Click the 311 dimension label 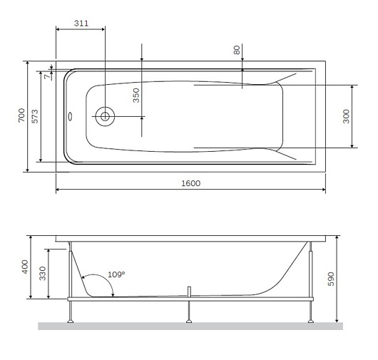(81, 24)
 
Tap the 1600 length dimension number (190, 183)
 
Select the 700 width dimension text (21, 115)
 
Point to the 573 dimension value (35, 116)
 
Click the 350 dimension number (136, 96)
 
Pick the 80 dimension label (237, 50)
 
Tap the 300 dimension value (346, 116)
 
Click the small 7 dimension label (48, 76)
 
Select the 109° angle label (116, 274)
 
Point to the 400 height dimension (25, 267)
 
